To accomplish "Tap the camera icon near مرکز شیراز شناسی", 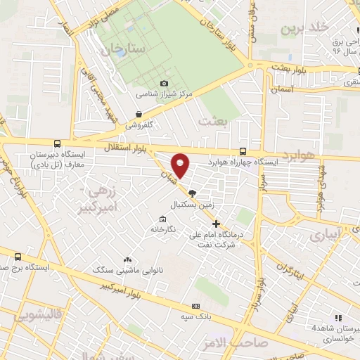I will click(x=165, y=83).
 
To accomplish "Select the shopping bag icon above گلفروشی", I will click(x=139, y=113).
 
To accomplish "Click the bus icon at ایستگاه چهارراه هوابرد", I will click(x=243, y=151).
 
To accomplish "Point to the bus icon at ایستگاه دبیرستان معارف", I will click(x=57, y=142).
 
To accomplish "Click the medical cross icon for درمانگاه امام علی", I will click(x=216, y=224).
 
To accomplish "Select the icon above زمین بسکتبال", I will click(x=193, y=193).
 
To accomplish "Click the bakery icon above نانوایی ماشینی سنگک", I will click(x=128, y=259).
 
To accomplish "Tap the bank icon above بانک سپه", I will click(x=195, y=306).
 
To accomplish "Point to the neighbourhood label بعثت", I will click(x=214, y=121).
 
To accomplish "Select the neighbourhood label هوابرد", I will click(x=298, y=154).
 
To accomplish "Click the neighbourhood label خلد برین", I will click(x=305, y=28).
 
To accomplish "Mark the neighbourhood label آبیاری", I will click(x=325, y=232).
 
